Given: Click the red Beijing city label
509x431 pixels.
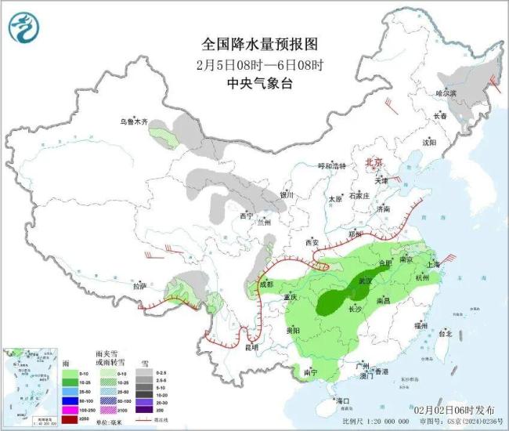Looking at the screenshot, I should pos(374,162).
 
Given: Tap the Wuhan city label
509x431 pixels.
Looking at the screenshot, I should pos(366,280).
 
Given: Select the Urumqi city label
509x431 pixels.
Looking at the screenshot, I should pos(133,121).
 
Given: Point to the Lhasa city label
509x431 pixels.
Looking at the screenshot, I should pos(140,286).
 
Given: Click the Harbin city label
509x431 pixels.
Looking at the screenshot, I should pos(446,92).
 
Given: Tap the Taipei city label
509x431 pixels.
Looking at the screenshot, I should pos(445,333).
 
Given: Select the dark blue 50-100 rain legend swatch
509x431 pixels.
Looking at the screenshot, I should pos(73,399).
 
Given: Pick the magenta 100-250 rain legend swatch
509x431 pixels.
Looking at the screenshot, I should pos(73,409).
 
